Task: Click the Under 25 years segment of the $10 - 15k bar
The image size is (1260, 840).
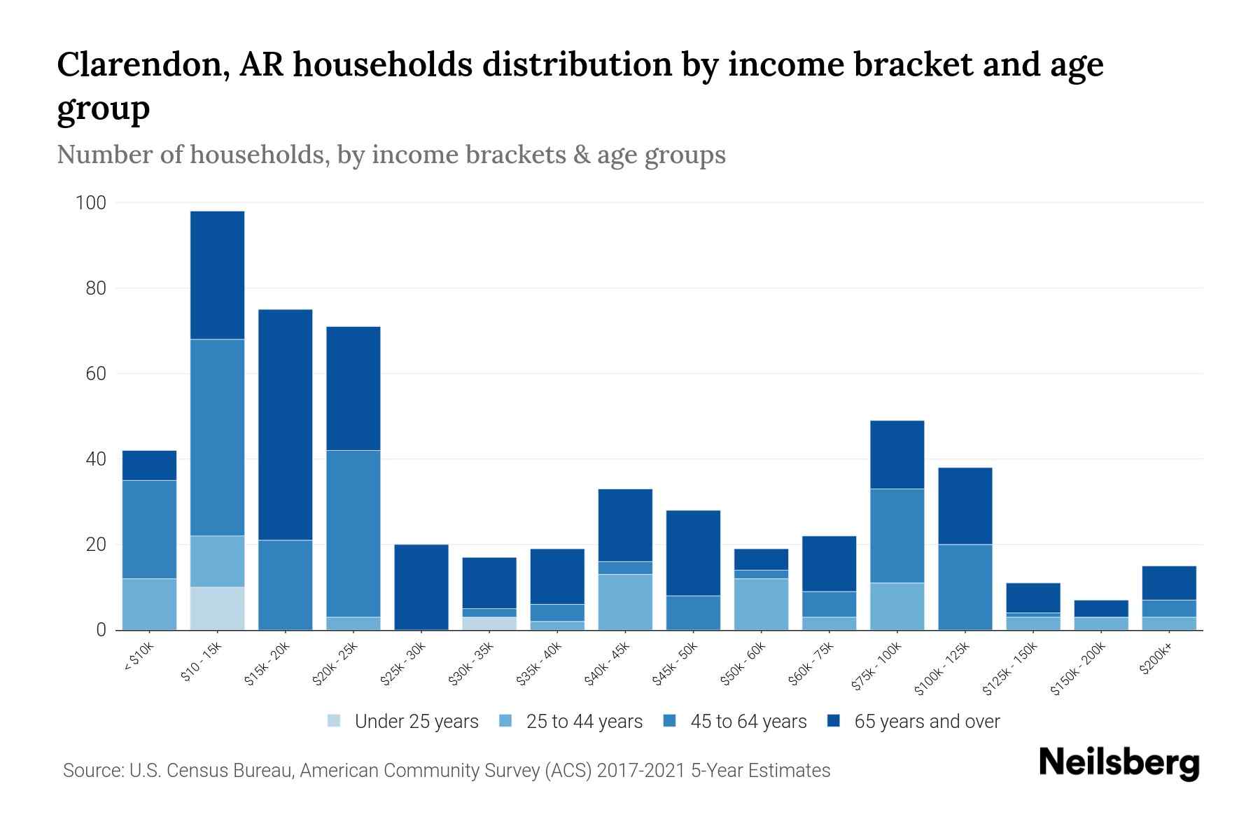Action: click(217, 608)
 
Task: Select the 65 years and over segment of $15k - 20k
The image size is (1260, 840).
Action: click(285, 424)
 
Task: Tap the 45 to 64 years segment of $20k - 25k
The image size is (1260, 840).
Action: click(353, 533)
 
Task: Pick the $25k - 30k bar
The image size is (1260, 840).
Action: click(421, 587)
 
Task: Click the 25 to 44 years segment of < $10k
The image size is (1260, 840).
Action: click(149, 604)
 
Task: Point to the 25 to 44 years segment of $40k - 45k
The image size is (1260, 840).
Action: click(625, 602)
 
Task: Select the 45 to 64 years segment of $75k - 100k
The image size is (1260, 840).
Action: click(897, 535)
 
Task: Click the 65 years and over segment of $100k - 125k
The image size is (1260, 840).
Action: click(965, 505)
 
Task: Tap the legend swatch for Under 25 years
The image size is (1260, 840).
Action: click(335, 721)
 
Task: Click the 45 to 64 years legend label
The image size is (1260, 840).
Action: click(748, 721)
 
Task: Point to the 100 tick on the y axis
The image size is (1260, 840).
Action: click(91, 203)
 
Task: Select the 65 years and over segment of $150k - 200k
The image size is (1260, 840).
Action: click(1100, 608)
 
